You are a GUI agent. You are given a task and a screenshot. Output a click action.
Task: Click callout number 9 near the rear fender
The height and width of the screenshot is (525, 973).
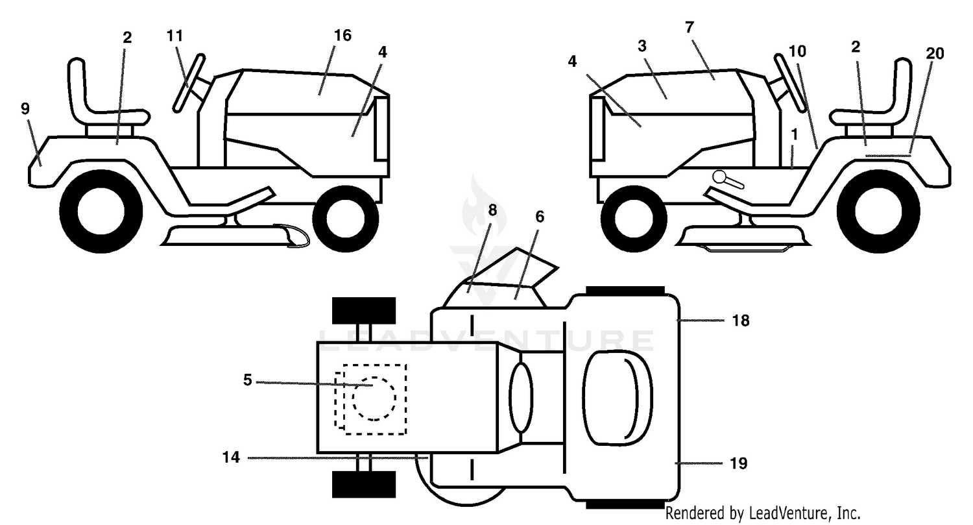click(25, 108)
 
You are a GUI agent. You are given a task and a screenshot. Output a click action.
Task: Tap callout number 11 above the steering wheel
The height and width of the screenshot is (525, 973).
click(174, 36)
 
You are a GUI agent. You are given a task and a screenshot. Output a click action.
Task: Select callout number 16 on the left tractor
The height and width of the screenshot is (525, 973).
click(342, 36)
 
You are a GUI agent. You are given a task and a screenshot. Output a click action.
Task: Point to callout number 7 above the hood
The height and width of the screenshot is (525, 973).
click(690, 27)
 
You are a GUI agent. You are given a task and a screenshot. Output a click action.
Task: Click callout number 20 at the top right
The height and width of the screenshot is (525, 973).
click(935, 53)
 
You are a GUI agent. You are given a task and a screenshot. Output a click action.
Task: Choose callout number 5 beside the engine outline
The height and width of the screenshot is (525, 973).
click(248, 380)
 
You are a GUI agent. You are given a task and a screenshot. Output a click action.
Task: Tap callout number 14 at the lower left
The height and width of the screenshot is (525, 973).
click(231, 458)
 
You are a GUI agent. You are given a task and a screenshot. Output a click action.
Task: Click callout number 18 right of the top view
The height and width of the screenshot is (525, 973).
click(741, 321)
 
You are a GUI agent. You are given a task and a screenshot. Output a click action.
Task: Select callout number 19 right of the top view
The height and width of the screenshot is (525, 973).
click(738, 463)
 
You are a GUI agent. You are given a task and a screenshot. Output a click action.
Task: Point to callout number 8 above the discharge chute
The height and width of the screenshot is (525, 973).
click(492, 210)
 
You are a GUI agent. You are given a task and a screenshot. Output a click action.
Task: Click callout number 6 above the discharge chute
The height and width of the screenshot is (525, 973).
click(540, 217)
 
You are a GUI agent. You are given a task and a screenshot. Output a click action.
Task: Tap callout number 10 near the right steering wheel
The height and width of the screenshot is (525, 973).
click(797, 52)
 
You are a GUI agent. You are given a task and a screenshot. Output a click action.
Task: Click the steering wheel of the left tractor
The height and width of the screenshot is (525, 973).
click(189, 83)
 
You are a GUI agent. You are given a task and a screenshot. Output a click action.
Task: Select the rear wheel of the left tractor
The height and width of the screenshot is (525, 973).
click(101, 211)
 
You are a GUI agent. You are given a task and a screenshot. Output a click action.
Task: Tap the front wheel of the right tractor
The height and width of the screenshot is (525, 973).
click(634, 218)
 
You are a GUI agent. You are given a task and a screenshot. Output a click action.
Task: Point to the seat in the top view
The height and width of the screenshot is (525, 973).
click(618, 397)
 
